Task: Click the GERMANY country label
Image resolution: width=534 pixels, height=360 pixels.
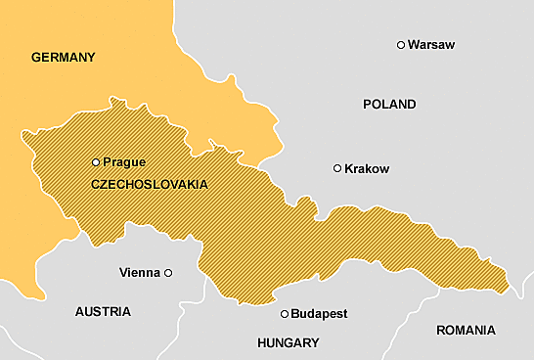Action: click(64, 58)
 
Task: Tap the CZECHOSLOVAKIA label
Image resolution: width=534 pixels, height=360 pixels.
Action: click(149, 184)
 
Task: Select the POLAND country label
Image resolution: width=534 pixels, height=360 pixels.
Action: click(388, 105)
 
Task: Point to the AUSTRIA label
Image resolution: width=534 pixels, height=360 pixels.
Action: click(103, 312)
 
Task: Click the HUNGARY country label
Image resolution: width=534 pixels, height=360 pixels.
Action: click(288, 343)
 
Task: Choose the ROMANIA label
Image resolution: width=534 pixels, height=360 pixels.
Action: click(466, 331)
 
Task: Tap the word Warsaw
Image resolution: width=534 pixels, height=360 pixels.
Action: click(431, 45)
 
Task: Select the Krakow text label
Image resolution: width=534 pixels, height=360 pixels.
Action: click(368, 169)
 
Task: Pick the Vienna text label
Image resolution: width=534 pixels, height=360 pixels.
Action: click(138, 273)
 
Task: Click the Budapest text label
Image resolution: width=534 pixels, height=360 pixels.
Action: click(320, 314)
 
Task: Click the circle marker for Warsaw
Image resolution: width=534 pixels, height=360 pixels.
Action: click(400, 45)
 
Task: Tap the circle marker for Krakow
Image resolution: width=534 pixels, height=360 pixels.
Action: click(337, 168)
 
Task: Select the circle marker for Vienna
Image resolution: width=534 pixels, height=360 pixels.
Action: click(168, 273)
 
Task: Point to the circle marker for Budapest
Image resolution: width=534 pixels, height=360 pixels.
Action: click(285, 314)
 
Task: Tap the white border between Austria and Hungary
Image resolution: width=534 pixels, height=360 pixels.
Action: click(182, 313)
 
